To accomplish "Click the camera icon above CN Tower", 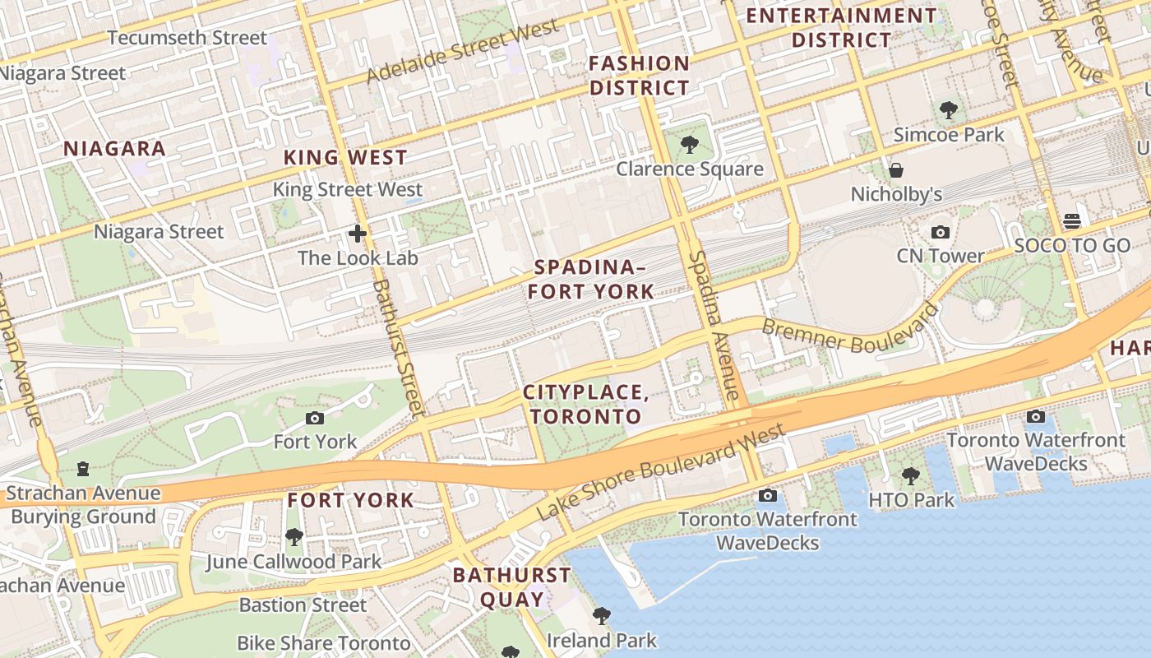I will (941, 233).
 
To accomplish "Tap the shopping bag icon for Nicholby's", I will (896, 170).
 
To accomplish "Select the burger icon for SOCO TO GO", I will (1071, 220).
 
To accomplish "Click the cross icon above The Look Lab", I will (358, 234).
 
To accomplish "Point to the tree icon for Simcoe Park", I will (949, 110).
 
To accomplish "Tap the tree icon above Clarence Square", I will (690, 146).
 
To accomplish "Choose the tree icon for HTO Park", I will (911, 475).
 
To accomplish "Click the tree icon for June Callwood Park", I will (294, 538).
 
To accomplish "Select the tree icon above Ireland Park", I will (602, 616).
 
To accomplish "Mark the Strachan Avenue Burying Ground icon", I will (83, 470).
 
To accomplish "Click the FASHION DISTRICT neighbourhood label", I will (640, 76).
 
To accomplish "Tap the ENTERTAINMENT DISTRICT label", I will (841, 27).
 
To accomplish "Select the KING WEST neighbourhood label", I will (345, 157).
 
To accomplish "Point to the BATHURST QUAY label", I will (511, 586).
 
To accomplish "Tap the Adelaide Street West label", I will (462, 51).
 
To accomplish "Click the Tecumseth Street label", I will (187, 38).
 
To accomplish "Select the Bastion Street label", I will (303, 605).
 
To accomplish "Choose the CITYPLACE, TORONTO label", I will (586, 404).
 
